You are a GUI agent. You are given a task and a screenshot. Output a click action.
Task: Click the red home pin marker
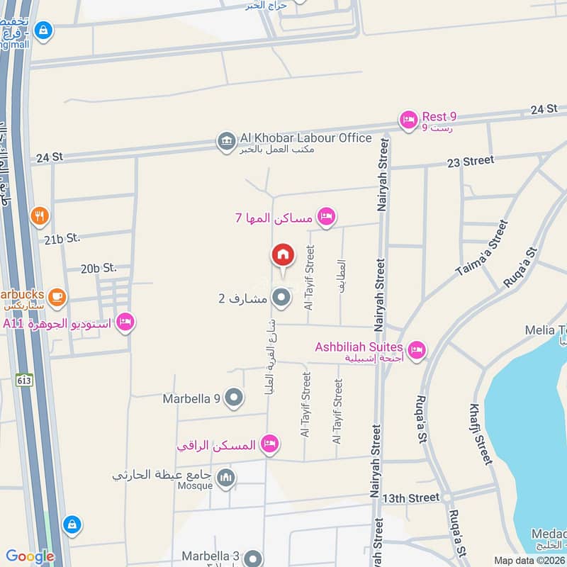click(x=282, y=255)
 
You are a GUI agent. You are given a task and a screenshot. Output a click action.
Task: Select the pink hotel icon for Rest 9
click(x=408, y=120)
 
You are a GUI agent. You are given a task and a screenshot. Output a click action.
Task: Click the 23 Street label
click(x=471, y=161)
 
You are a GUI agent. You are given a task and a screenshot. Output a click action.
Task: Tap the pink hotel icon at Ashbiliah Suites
click(x=417, y=349)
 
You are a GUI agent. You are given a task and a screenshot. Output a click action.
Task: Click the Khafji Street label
click(x=481, y=434)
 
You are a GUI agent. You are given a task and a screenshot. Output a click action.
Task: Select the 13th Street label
click(x=411, y=498)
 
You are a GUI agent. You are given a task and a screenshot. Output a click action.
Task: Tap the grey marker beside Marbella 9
click(x=234, y=398)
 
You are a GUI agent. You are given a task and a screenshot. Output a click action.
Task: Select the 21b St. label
click(x=62, y=239)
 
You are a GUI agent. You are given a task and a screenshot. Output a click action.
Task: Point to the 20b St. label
click(x=98, y=268)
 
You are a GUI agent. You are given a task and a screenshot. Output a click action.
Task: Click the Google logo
click(x=30, y=556)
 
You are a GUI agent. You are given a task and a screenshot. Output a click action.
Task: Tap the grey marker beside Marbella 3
click(x=254, y=558)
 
